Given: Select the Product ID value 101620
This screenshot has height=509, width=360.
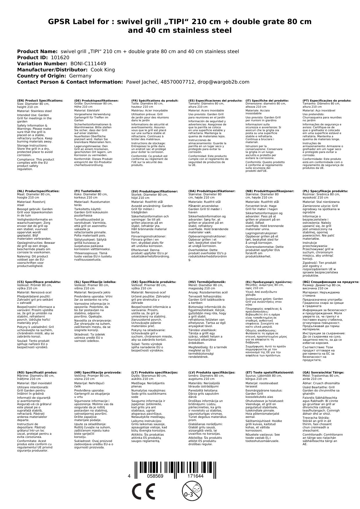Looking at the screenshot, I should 60,57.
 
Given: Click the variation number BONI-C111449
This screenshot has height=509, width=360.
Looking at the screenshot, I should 88,64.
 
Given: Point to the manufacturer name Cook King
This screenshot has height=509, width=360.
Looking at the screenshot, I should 103,70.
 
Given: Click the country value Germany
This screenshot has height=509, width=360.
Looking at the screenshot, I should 80,76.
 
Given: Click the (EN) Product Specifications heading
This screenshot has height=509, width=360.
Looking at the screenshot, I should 40,100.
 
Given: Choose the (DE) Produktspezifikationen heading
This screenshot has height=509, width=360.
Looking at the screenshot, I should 96,100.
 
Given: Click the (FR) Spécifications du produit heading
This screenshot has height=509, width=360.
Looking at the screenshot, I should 155,100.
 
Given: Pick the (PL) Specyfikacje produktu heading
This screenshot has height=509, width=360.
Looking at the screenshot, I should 325,191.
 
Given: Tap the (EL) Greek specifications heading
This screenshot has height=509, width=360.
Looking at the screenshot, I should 269,282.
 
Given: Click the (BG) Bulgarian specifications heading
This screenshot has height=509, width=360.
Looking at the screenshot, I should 331,282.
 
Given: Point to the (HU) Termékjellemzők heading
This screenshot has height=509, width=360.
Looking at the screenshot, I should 207,282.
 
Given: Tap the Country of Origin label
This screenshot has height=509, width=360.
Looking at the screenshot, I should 42,76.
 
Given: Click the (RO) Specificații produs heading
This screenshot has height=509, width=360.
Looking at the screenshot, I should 37,372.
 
